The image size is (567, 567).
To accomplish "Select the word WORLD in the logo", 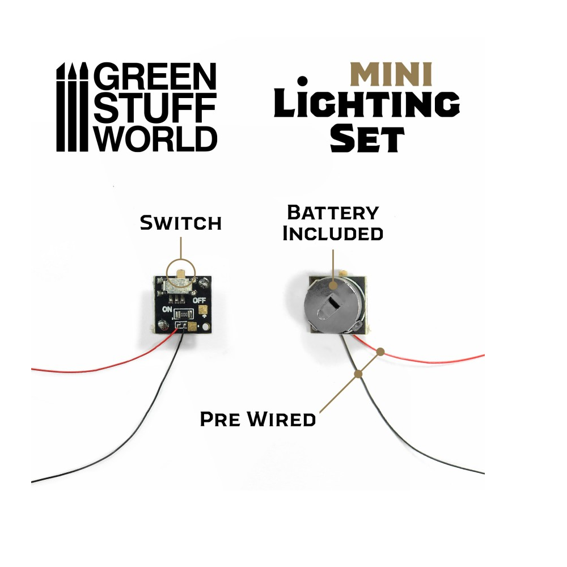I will (154, 138).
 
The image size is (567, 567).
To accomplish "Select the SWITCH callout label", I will (180, 223).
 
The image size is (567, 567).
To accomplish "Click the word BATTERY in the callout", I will (333, 213).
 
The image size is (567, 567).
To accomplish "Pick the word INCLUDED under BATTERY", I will (333, 233).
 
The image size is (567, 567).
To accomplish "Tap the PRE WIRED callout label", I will (258, 420).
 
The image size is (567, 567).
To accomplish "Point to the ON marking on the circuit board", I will (168, 310).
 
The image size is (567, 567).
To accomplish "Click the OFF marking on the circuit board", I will (199, 300).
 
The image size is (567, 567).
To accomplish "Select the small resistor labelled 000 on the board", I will (183, 314).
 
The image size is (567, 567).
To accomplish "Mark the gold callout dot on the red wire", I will (381, 352).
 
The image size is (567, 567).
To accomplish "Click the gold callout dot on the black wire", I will (358, 374).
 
